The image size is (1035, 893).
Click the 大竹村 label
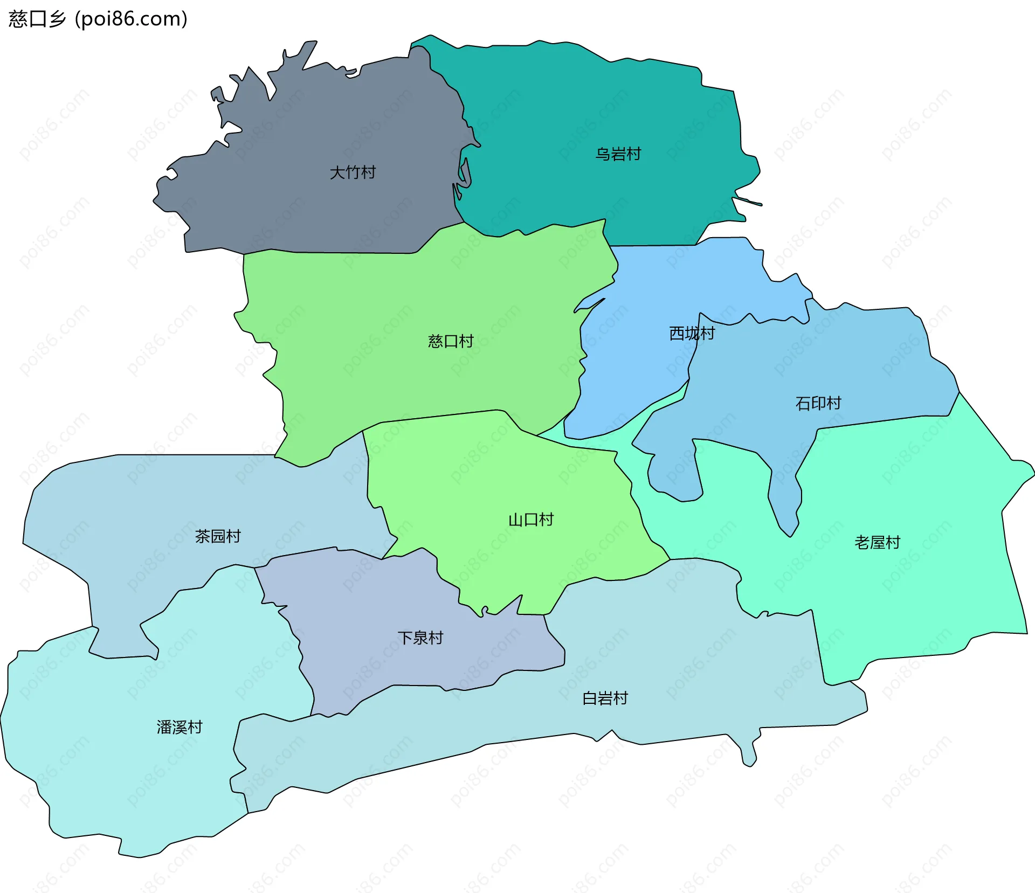(x=353, y=172)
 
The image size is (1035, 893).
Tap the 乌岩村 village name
(x=618, y=154)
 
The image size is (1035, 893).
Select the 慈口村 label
(x=451, y=341)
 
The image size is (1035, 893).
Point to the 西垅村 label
(x=692, y=334)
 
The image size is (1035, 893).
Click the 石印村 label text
(x=818, y=403)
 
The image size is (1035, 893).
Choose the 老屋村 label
(x=877, y=542)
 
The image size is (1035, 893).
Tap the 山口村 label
(x=531, y=520)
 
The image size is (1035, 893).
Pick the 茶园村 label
(x=218, y=536)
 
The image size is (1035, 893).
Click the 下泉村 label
(x=420, y=638)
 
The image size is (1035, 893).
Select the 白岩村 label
(x=605, y=698)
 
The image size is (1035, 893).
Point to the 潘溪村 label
(x=180, y=727)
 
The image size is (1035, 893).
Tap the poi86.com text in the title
(x=131, y=19)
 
